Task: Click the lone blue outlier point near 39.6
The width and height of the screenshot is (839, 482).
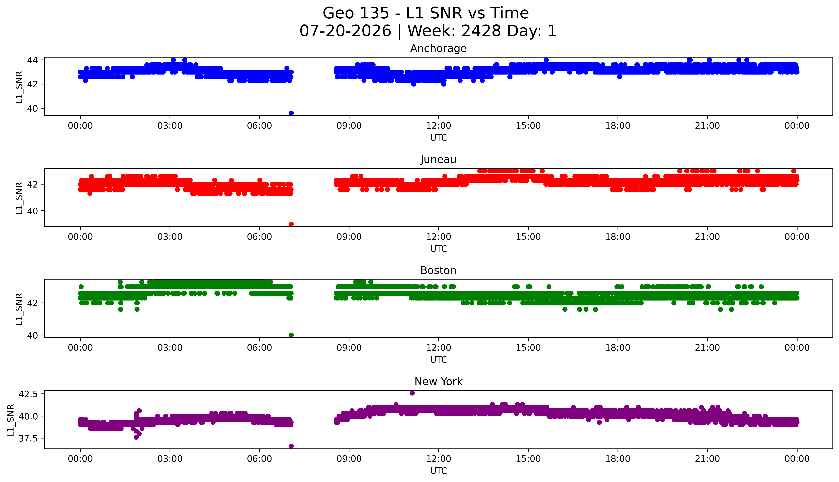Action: click(291, 113)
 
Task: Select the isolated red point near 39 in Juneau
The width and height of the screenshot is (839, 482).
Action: click(291, 224)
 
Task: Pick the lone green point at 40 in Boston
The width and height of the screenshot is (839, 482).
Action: click(291, 335)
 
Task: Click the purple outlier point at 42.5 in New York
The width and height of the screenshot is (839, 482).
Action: click(412, 393)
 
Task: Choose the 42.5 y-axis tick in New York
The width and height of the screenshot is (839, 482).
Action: click(28, 394)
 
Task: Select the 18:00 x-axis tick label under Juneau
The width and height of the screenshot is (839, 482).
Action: click(618, 237)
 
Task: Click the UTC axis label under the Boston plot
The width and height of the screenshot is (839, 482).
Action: click(438, 359)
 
